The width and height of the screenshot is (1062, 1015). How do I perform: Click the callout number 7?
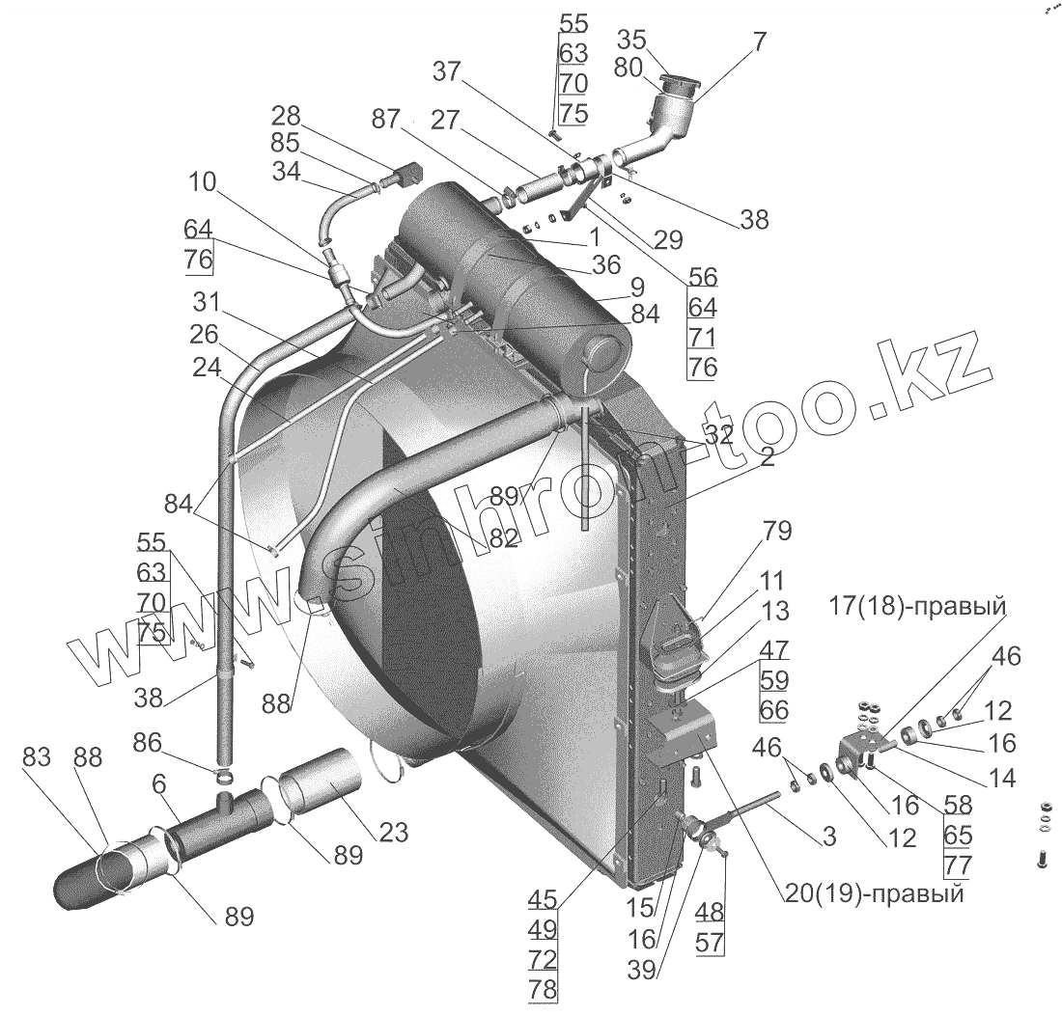(x=759, y=42)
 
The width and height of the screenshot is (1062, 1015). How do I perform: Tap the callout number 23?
(x=394, y=832)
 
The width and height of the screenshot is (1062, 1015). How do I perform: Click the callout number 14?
(x=1002, y=778)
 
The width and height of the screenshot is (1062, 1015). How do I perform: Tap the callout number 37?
(x=447, y=71)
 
